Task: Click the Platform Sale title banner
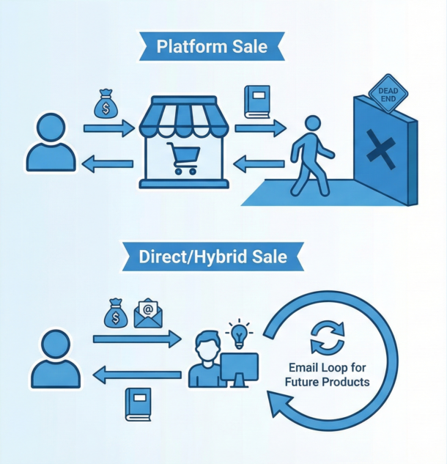[x=212, y=48]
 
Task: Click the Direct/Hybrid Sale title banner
[x=213, y=257]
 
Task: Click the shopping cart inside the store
[x=183, y=157]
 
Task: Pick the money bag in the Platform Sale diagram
[x=106, y=105]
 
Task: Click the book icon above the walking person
[x=258, y=102]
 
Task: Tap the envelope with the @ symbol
[x=148, y=314]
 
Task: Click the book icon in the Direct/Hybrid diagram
[x=137, y=404]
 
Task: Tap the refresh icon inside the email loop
[x=327, y=336]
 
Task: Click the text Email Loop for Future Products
[x=329, y=375]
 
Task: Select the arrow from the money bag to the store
[x=109, y=128]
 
